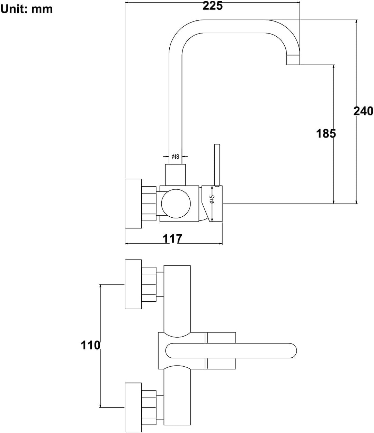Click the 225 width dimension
pos(212,6)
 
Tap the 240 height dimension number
pos(363,111)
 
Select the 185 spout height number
pos(326,133)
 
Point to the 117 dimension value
pos(172,238)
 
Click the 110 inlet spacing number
pos(91,345)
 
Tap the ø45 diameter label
pos(212,199)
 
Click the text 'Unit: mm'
pos(27,9)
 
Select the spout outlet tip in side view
pos(293,60)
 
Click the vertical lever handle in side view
pos(217,165)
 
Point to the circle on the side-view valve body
pos(176,204)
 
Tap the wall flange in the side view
pos(133,204)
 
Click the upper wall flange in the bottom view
pos(133,284)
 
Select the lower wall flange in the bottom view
pos(133,407)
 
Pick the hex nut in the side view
pos(149,204)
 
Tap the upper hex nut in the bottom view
pos(149,284)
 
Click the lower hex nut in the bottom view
pos(149,407)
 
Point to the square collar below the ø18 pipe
pos(175,175)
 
